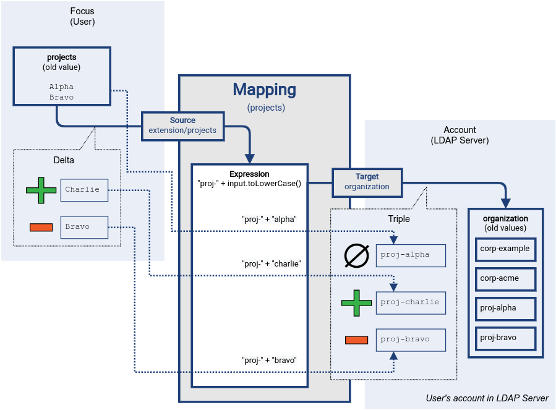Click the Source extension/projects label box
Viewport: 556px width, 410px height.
click(182, 126)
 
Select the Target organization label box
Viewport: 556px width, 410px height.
click(367, 182)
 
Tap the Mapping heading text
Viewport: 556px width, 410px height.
click(264, 90)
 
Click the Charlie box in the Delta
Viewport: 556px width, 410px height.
click(84, 190)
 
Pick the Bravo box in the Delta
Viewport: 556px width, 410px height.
click(84, 227)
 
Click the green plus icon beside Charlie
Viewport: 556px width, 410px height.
click(41, 190)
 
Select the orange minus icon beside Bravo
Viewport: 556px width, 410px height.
click(41, 227)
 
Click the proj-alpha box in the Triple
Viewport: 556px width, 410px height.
click(411, 254)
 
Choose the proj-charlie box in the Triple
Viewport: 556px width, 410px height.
click(411, 302)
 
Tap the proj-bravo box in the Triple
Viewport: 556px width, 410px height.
click(411, 340)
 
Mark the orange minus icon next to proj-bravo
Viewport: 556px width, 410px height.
click(356, 340)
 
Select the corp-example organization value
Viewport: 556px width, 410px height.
click(505, 249)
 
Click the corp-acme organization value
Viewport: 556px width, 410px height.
click(505, 278)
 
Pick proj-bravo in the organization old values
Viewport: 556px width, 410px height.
click(505, 338)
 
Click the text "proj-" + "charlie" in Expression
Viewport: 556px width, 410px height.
click(271, 263)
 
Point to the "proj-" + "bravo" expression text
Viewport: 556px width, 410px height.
click(269, 360)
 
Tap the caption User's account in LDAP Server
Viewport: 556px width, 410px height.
click(487, 398)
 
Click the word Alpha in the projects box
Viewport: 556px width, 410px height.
click(61, 87)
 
